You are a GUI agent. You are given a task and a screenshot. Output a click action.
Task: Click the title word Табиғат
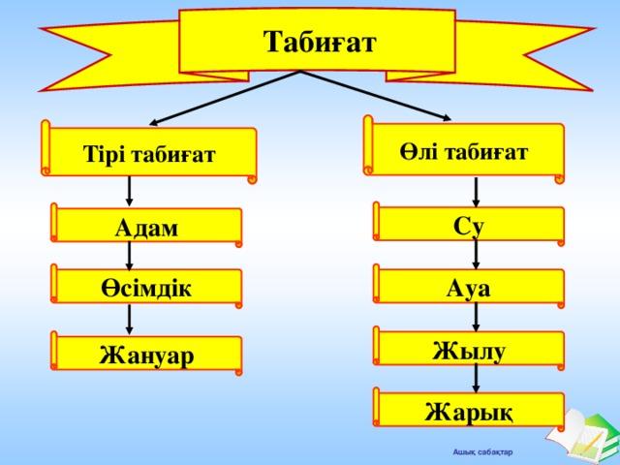(320, 42)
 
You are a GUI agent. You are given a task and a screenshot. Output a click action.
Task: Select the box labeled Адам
(146, 225)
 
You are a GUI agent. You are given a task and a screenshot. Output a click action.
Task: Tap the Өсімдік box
(146, 287)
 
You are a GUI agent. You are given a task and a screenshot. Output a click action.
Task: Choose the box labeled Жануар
(146, 353)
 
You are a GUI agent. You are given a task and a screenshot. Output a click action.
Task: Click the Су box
(469, 224)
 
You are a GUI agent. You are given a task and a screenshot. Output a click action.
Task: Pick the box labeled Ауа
(469, 287)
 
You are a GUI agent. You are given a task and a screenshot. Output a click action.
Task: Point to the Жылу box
(469, 349)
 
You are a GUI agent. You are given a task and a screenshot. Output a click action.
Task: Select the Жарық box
(469, 410)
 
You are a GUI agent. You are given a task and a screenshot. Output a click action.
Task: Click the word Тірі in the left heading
(104, 153)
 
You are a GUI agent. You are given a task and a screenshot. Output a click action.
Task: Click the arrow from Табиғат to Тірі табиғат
(225, 99)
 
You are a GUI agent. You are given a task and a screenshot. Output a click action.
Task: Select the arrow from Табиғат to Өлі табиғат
(376, 96)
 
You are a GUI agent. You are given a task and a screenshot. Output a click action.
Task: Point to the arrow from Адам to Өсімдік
(129, 256)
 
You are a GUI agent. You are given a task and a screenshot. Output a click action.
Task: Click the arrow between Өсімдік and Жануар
(129, 320)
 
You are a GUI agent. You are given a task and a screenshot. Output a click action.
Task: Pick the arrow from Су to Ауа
(476, 254)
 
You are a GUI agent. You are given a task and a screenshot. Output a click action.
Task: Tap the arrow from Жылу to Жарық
(476, 379)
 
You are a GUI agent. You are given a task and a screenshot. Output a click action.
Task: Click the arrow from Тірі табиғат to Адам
(129, 192)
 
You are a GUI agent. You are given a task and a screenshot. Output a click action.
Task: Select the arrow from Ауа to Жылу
(476, 317)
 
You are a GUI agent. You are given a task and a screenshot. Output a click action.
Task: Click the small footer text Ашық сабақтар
(482, 452)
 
